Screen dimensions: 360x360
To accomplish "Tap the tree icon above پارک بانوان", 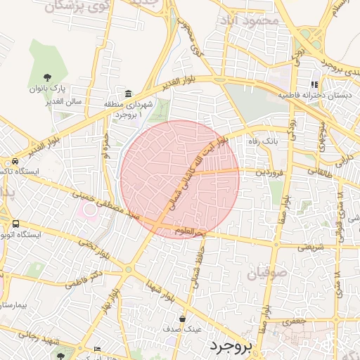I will (47, 77).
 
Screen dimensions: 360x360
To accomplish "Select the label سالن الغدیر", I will (65, 101).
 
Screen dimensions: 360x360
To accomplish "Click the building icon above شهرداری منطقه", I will (128, 94).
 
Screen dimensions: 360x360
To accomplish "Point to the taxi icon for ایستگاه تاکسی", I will (6, 161).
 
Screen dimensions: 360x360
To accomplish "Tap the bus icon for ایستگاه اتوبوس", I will (15, 224).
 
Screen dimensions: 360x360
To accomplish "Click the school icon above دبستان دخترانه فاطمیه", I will (314, 84).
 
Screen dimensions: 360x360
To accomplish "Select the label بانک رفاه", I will (259, 141).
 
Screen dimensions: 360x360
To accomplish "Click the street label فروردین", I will (271, 171).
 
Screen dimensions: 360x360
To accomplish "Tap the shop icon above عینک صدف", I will (183, 319).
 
